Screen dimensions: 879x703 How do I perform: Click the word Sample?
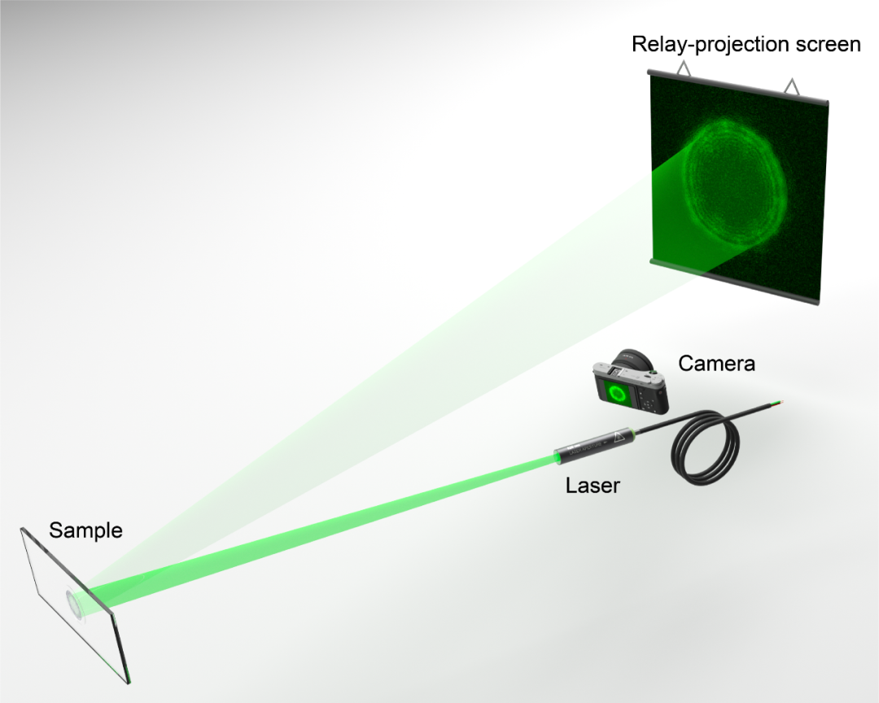point(85,530)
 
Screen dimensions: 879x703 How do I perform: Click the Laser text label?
point(593,485)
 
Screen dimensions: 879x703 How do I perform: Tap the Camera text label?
point(716,363)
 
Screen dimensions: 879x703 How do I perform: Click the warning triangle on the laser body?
point(619,437)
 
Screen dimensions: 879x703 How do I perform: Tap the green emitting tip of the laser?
point(558,459)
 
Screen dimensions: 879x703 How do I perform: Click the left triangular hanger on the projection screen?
point(684,68)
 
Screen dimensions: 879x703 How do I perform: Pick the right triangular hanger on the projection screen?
point(791,86)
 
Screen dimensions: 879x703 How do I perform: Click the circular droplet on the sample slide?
point(73,603)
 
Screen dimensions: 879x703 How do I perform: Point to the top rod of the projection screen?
point(737,88)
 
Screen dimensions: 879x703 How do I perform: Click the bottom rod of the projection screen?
point(734,282)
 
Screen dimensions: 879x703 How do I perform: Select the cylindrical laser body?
point(595,444)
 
